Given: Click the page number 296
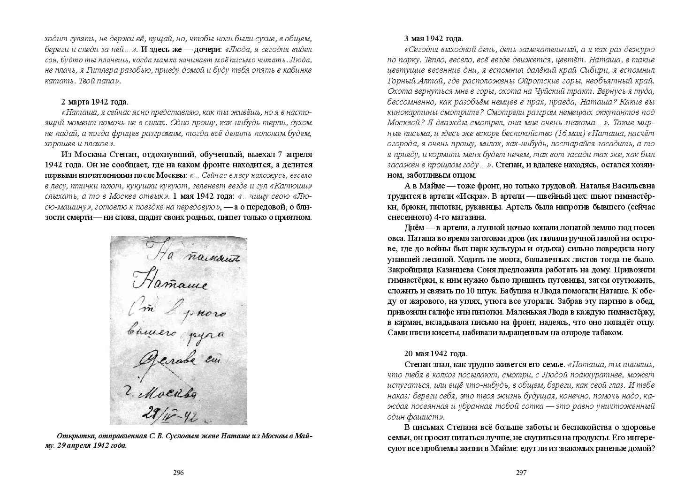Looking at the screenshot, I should [x=178, y=472].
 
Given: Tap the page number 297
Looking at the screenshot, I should [x=522, y=472].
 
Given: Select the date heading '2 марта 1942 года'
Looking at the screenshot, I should [x=94, y=102].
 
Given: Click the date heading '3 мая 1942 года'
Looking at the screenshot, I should [x=433, y=38].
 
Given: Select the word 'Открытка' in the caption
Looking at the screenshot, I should [x=71, y=436].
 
